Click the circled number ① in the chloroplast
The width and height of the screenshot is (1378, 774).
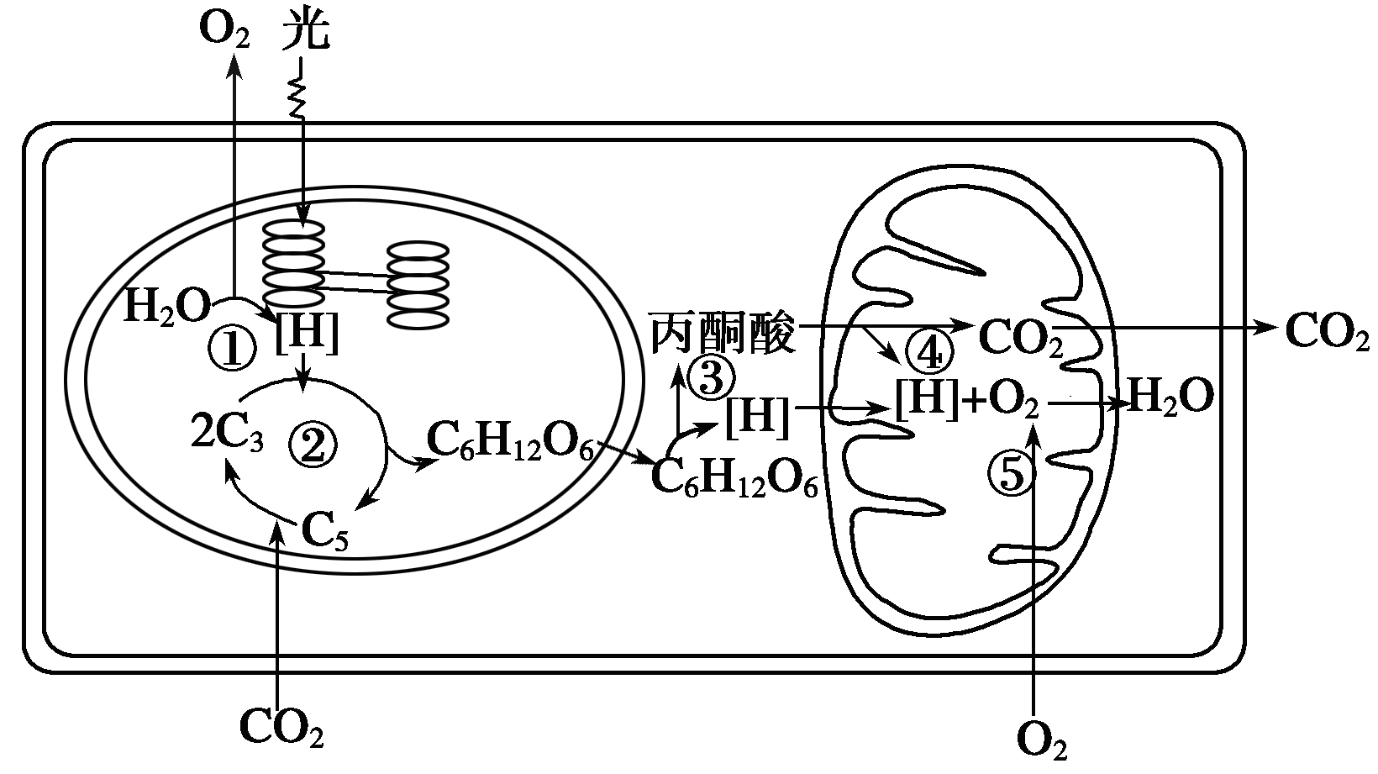(x=231, y=348)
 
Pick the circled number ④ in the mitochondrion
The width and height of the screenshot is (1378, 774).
(x=929, y=352)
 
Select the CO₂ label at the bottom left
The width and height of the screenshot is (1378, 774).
(x=281, y=727)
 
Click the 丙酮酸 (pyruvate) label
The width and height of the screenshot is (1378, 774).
(x=723, y=334)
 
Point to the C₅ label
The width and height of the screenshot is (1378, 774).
(x=324, y=531)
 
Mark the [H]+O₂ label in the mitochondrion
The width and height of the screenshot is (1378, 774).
(x=967, y=400)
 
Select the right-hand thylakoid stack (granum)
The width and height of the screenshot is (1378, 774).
(x=418, y=285)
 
